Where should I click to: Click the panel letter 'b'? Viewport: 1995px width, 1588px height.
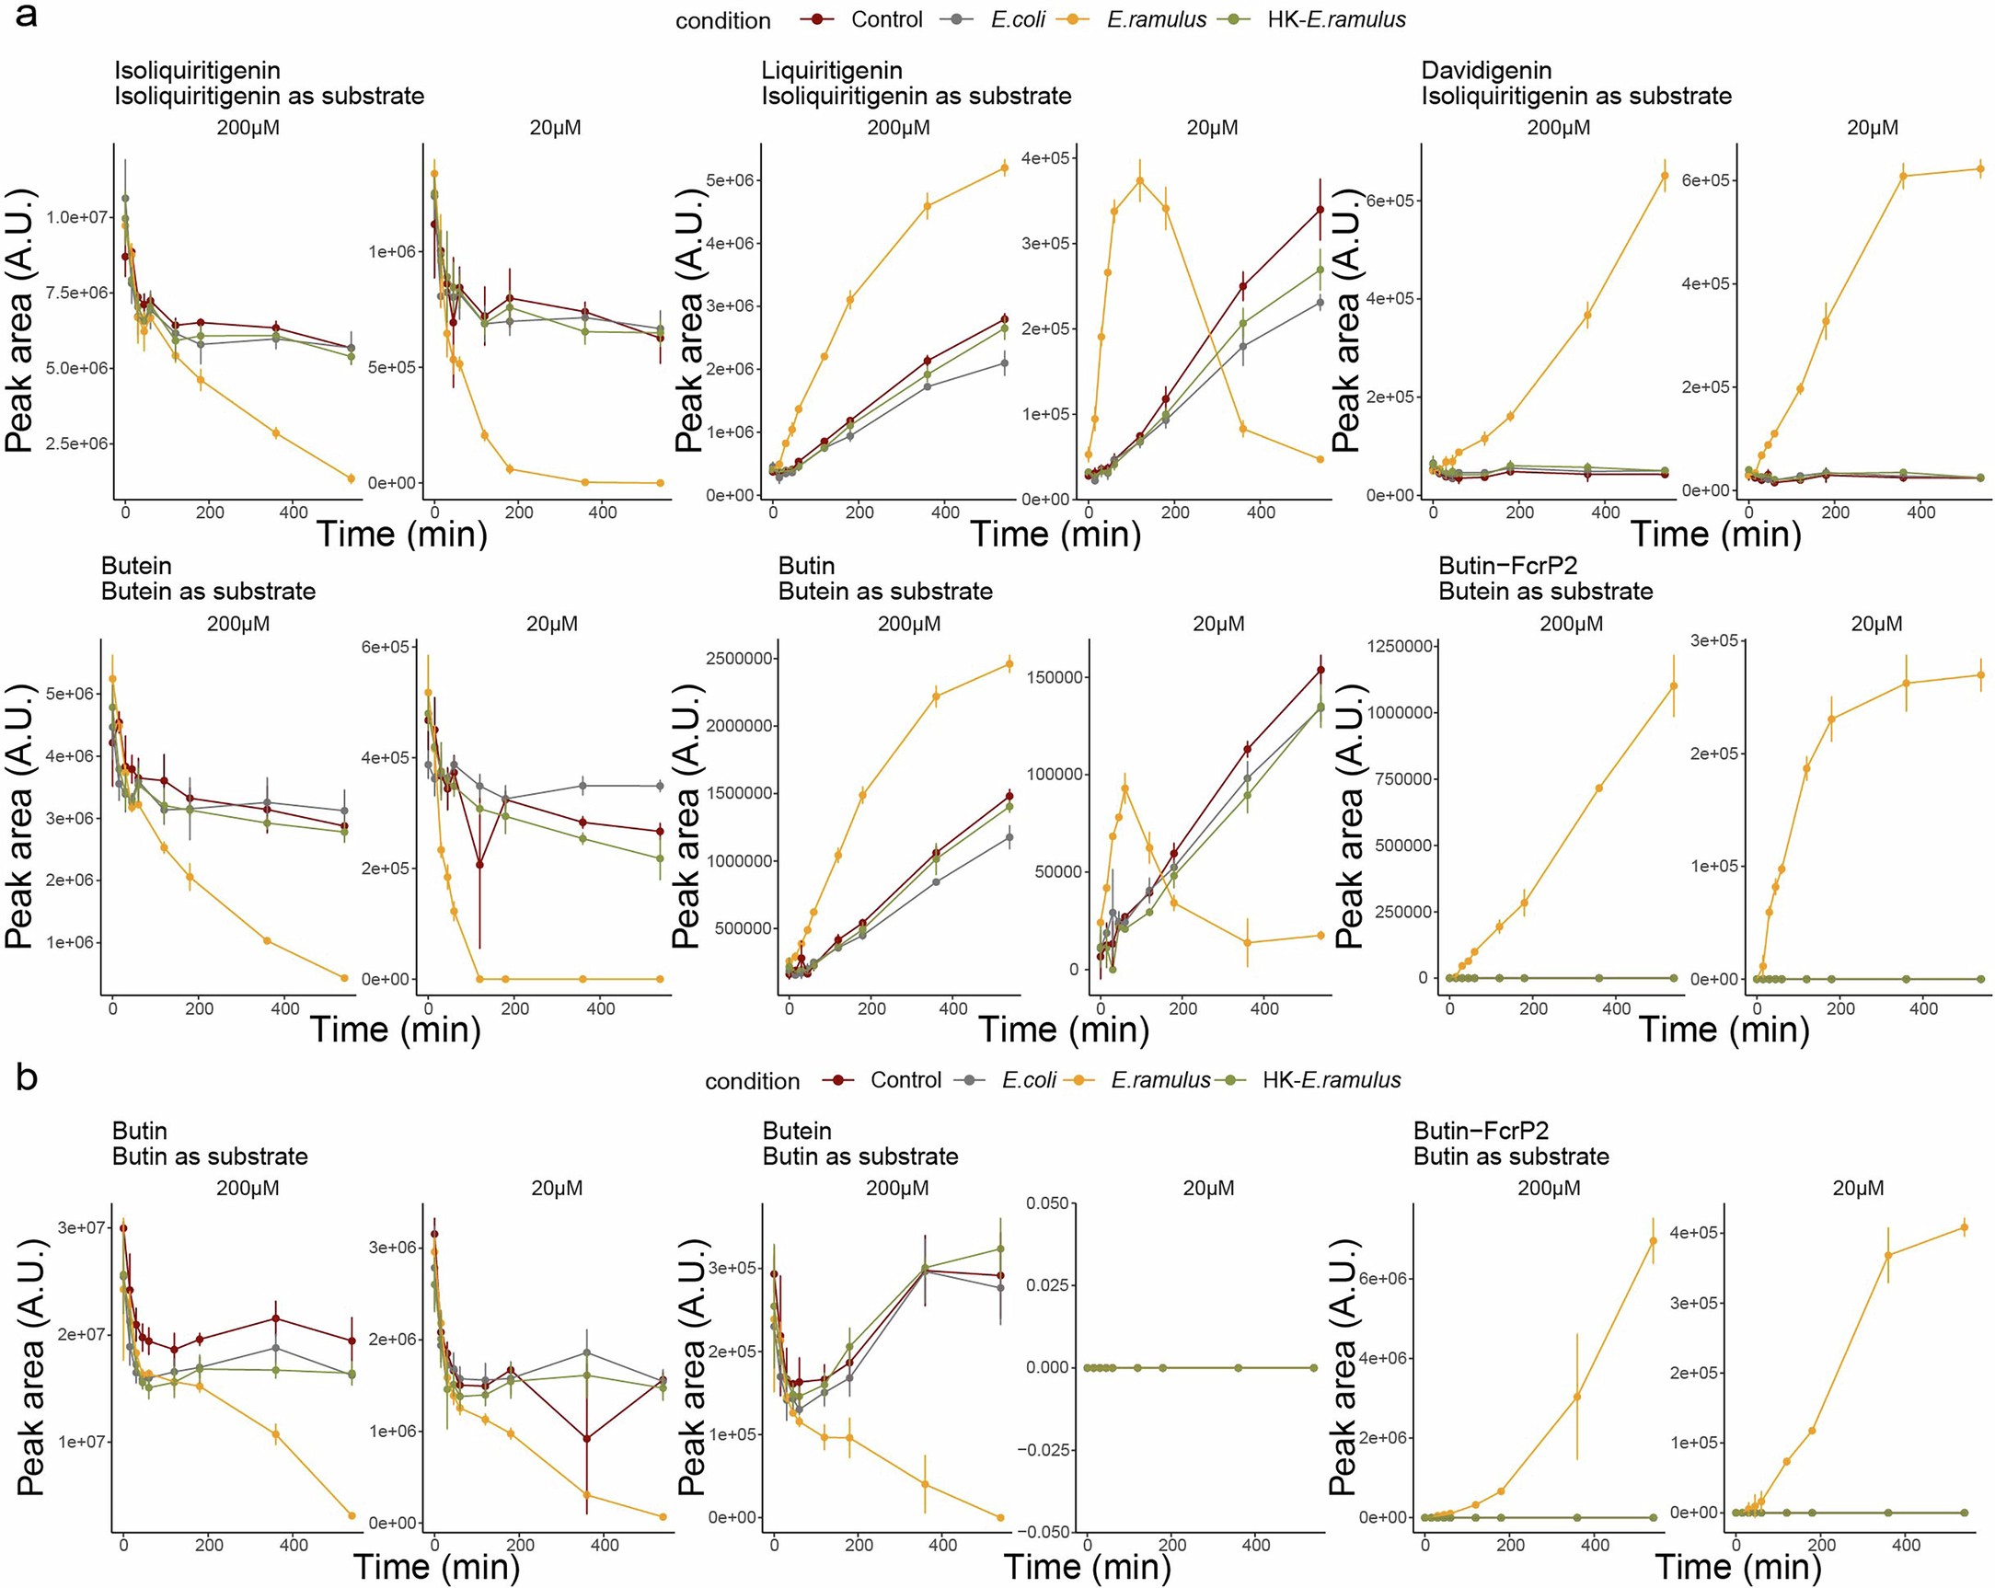tap(27, 1076)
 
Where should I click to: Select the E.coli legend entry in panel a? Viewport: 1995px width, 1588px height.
tap(1017, 19)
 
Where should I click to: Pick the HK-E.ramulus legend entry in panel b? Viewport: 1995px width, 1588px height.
tap(1331, 1080)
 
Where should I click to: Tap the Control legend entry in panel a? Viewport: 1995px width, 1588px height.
tap(885, 19)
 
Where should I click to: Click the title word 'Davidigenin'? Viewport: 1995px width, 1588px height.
tap(1486, 70)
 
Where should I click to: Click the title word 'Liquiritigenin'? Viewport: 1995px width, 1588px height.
tap(831, 70)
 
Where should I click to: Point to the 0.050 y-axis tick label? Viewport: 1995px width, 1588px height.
tap(1046, 1203)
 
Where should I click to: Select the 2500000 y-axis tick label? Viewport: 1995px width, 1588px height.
tap(738, 659)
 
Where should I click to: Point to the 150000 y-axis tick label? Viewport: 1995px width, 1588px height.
tap(1053, 677)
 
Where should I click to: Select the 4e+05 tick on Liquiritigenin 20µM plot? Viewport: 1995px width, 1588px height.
tap(1045, 158)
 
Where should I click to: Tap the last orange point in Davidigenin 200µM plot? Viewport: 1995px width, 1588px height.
tap(1665, 175)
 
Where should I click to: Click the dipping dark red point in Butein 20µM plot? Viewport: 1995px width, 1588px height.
tap(479, 864)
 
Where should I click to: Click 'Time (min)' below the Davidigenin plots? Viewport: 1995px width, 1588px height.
tap(1714, 534)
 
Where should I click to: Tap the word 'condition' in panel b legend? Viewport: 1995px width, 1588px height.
tap(752, 1081)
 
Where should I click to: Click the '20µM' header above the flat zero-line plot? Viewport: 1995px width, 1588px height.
tap(1207, 1188)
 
